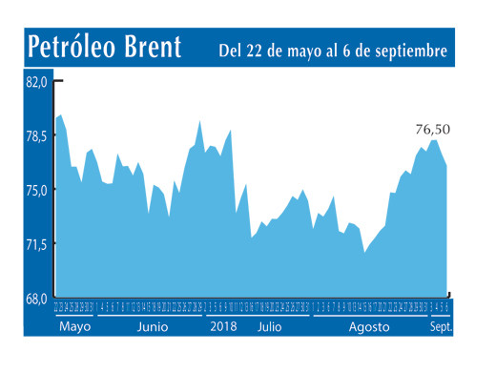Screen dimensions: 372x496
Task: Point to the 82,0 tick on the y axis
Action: click(x=35, y=83)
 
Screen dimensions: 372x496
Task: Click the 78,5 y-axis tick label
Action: click(x=35, y=136)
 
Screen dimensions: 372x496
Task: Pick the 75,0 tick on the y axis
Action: click(x=35, y=191)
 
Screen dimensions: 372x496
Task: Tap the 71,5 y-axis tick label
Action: click(x=35, y=245)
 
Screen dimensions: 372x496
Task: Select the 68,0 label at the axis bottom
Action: click(x=35, y=299)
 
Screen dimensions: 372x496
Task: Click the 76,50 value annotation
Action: click(x=432, y=130)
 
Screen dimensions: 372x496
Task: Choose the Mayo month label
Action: click(x=74, y=326)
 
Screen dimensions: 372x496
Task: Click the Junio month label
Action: click(x=153, y=326)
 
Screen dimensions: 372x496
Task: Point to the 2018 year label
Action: click(x=223, y=326)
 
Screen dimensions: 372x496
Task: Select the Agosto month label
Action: click(x=369, y=326)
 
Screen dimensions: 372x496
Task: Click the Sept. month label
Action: click(x=440, y=326)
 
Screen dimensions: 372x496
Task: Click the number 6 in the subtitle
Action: click(x=351, y=49)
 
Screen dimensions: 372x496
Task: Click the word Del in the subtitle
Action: click(x=233, y=49)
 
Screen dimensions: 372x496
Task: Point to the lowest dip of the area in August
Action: click(x=364, y=252)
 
